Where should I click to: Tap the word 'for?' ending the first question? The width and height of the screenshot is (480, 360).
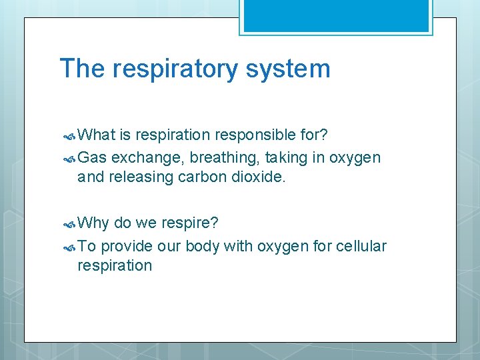tap(313, 135)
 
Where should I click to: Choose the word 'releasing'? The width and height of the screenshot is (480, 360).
tap(141, 177)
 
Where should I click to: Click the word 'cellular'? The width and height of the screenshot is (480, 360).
tap(361, 247)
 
